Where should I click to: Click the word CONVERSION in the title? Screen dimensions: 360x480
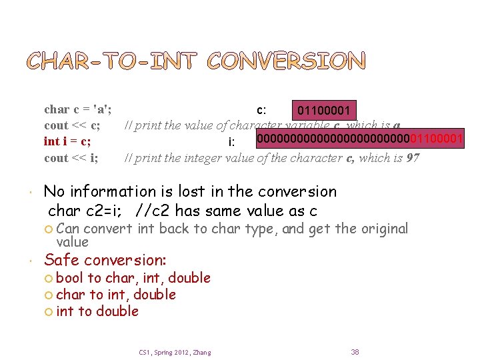pyautogui.click(x=287, y=61)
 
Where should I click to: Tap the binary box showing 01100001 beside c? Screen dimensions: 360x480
pyautogui.click(x=323, y=109)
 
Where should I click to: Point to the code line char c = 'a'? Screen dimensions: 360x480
pyautogui.click(x=77, y=109)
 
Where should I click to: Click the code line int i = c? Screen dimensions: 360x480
pyautogui.click(x=67, y=141)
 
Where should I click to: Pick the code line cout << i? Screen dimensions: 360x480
pyautogui.click(x=71, y=158)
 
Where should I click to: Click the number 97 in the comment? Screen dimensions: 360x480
pyautogui.click(x=413, y=158)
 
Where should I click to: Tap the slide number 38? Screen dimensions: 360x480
pyautogui.click(x=355, y=351)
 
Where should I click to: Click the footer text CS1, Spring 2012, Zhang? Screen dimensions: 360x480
pyautogui.click(x=175, y=352)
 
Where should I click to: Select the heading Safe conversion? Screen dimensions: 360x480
pyautogui.click(x=105, y=259)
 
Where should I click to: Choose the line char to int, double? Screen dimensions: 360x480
pyautogui.click(x=116, y=295)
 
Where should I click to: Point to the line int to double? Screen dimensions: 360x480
pyautogui.click(x=97, y=311)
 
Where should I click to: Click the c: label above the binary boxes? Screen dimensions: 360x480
pyautogui.click(x=262, y=110)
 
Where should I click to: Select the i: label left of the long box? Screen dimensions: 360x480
pyautogui.click(x=231, y=142)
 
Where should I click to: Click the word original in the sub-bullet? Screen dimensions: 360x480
pyautogui.click(x=385, y=229)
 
